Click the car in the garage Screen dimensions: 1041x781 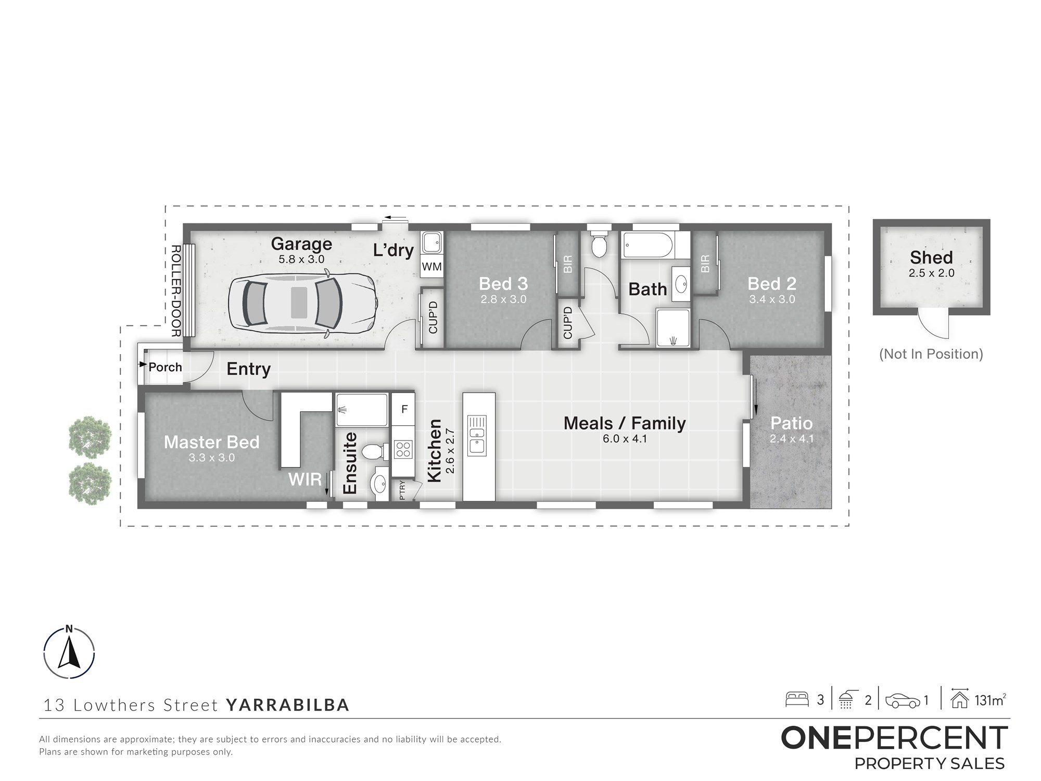click(302, 303)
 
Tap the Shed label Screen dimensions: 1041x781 click(931, 257)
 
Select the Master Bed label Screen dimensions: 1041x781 click(211, 442)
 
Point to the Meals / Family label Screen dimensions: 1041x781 click(625, 423)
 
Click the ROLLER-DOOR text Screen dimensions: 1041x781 click(175, 291)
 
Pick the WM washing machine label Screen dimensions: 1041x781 click(431, 267)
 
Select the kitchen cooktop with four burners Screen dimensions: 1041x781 click(403, 449)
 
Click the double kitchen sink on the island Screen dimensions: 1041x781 click(477, 434)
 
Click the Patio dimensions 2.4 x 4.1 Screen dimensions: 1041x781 click(791, 439)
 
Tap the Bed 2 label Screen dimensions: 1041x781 click(772, 284)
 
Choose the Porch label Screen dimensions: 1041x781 click(165, 367)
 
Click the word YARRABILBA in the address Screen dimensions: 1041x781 click(288, 705)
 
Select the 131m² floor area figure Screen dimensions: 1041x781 click(990, 700)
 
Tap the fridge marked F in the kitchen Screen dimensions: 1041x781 click(404, 409)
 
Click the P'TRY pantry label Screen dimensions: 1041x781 click(402, 491)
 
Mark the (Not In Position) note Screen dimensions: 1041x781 click(931, 354)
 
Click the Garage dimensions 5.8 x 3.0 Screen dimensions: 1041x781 click(301, 259)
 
